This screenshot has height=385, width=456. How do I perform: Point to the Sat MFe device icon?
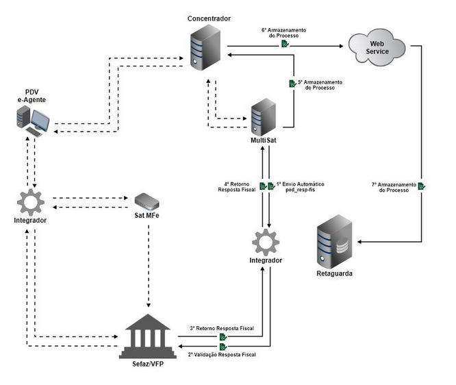tap(148, 201)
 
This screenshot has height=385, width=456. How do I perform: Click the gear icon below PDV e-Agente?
tap(31, 201)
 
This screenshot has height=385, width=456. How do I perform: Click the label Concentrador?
tap(208, 16)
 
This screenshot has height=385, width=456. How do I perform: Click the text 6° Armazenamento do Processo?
tap(283, 34)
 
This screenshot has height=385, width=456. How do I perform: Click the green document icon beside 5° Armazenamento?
tap(292, 84)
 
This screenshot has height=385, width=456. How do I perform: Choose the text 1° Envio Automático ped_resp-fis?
tap(299, 188)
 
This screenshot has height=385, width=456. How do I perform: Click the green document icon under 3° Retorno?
tap(223, 337)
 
